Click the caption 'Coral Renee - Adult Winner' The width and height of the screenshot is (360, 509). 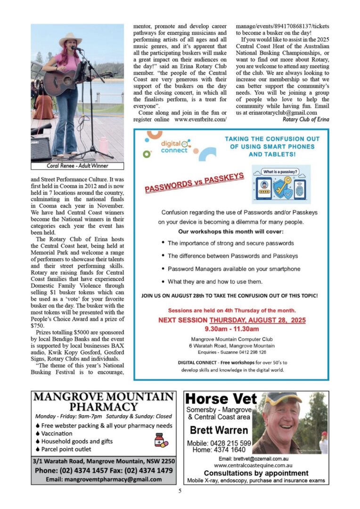point(77,166)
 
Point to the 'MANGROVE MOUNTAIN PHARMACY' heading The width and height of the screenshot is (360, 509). point(104,401)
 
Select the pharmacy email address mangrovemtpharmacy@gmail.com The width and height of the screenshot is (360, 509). point(104,479)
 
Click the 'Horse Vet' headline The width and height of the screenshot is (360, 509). point(221,399)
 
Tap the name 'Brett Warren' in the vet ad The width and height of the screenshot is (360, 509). point(219,430)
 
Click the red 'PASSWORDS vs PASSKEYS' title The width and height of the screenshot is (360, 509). point(194,183)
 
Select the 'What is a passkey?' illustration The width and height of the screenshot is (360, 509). point(281,184)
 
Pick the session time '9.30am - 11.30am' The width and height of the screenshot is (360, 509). point(231,328)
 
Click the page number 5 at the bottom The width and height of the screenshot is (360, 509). point(180,491)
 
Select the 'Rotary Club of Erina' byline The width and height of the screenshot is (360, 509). point(306,119)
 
